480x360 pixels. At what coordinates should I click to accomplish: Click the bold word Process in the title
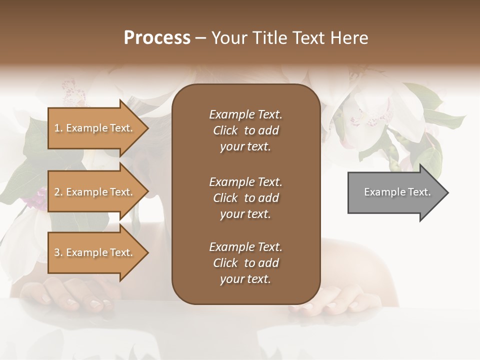157,38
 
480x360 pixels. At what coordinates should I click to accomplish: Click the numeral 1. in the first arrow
58,128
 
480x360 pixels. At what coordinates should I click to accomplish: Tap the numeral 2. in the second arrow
58,192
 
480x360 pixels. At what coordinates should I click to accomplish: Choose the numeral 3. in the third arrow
58,252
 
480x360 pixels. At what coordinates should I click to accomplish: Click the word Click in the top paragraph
225,130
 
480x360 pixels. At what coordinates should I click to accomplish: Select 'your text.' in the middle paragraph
245,214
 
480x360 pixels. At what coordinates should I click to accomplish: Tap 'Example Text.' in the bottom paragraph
245,247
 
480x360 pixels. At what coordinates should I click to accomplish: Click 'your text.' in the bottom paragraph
245,279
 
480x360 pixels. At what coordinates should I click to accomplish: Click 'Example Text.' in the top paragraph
245,114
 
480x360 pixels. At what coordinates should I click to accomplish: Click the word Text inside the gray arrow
418,192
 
